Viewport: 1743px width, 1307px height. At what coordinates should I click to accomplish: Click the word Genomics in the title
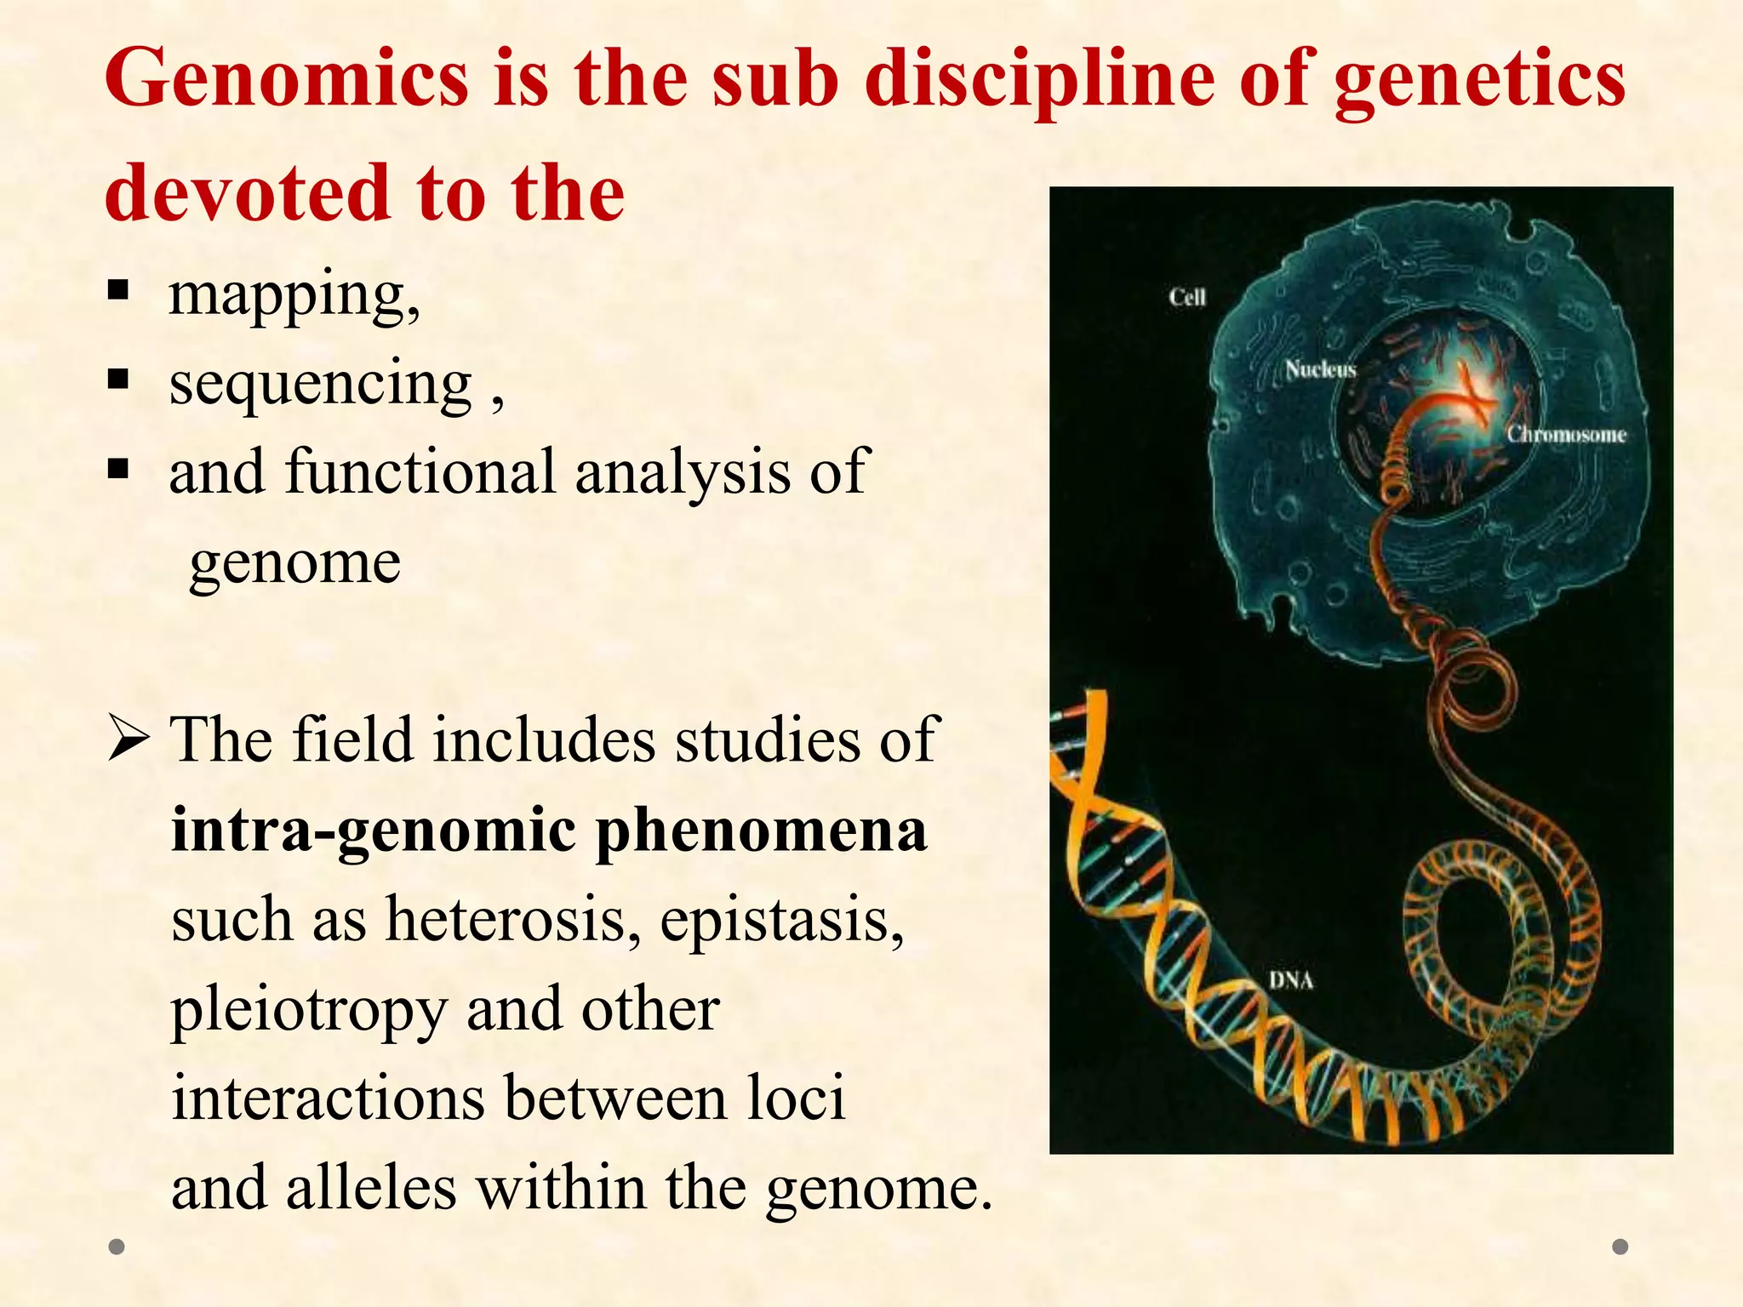point(286,78)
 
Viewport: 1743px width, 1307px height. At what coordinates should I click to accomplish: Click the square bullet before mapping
point(118,290)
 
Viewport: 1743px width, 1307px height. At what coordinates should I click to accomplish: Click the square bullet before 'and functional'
point(118,469)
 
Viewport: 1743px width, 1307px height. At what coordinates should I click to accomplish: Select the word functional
point(420,471)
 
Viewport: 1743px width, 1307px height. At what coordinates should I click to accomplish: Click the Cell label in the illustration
point(1186,297)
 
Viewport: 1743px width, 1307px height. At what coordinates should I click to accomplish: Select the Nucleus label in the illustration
point(1320,369)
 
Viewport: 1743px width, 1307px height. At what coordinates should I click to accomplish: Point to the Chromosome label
point(1566,434)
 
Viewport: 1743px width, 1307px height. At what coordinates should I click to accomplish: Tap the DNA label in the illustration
point(1291,980)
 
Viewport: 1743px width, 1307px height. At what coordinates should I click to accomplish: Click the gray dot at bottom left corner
point(117,1247)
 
